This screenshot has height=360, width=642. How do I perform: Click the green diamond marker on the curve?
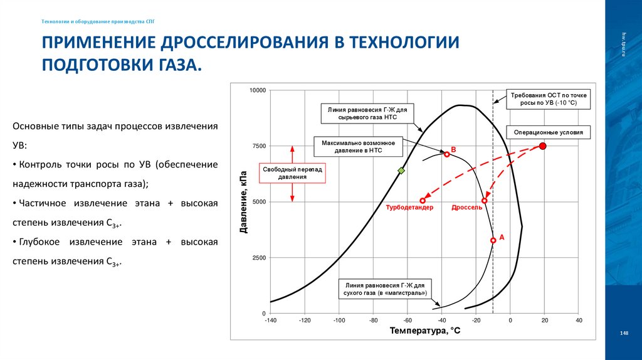pos(402,171)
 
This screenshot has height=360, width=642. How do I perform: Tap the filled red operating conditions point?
pos(543,146)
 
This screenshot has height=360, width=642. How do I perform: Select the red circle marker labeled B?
pos(447,154)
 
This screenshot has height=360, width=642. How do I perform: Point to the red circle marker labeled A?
pos(493,240)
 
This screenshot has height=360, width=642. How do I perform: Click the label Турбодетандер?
pos(409,208)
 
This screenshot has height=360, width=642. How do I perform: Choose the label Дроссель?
pos(467,208)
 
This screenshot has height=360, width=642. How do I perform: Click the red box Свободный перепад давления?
pos(293,173)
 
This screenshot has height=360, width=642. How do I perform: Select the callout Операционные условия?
pos(548,133)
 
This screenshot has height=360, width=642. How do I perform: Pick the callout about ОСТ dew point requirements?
pos(544,98)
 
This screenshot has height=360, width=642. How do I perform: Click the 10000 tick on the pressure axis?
pos(258,91)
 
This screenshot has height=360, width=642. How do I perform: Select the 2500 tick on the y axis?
pos(259,258)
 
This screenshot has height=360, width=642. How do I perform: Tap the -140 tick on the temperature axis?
pos(270,320)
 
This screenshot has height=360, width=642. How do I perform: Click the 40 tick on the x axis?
pos(579,320)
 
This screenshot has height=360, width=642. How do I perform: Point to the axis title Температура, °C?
pos(424,331)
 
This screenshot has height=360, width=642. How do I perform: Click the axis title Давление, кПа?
pos(244,201)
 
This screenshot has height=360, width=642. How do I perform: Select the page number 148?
pos(623,333)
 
